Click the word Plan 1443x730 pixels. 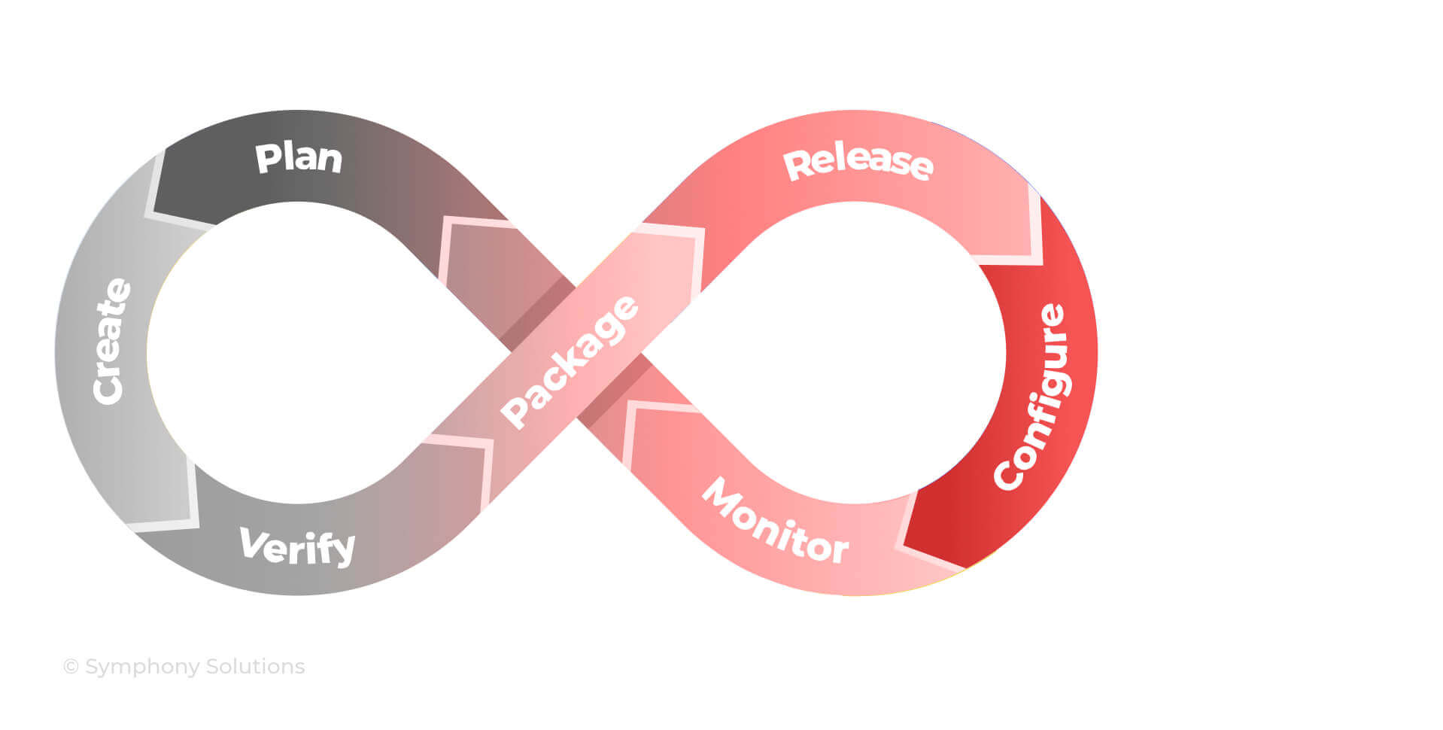point(299,158)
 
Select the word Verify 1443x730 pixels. point(296,546)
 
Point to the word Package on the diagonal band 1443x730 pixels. point(570,362)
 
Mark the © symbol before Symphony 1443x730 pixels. point(71,667)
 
